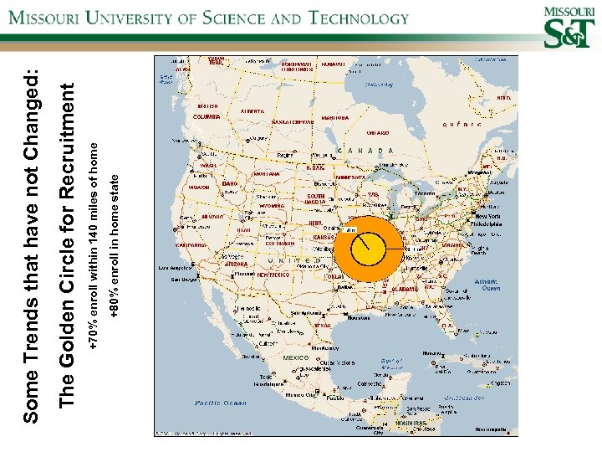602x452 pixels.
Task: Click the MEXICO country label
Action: point(296,357)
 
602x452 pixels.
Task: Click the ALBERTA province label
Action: point(252,110)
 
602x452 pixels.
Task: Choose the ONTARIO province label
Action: point(377,133)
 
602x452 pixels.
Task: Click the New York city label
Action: point(488,216)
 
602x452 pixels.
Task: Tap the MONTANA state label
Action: point(266,174)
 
